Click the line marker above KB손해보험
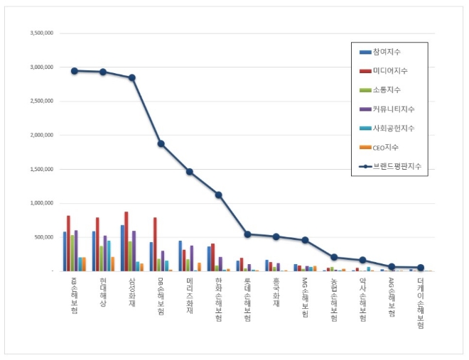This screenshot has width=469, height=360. click(75, 70)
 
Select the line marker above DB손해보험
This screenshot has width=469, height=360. click(161, 143)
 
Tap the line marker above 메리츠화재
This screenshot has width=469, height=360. click(190, 171)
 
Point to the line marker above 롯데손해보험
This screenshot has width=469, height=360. click(247, 234)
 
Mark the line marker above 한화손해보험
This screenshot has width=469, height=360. click(219, 195)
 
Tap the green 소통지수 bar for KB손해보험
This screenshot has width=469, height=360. click(72, 253)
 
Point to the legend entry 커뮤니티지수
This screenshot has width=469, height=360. click(390, 109)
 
